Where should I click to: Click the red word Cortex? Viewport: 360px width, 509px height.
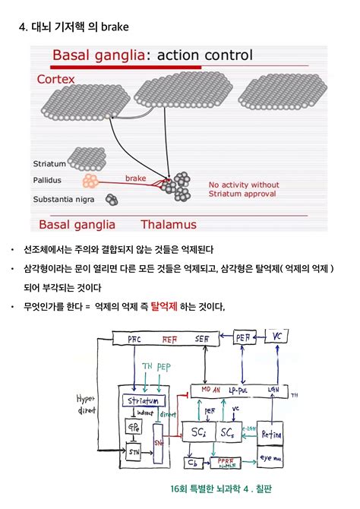[x=58, y=78]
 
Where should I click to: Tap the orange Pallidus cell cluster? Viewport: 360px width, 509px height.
[x=91, y=182]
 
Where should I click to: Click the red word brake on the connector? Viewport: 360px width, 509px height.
[x=135, y=178]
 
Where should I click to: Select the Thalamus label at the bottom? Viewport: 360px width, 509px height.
[x=168, y=224]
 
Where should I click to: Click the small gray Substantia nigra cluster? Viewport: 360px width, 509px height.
[x=112, y=200]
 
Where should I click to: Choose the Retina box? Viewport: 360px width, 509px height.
[x=271, y=434]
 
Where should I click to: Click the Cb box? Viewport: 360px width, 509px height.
[x=193, y=461]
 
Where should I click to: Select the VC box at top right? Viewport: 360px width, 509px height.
[x=278, y=336]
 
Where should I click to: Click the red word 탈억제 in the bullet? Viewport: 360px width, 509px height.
[x=163, y=307]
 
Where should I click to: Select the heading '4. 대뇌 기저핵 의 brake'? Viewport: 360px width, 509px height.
[x=74, y=28]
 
